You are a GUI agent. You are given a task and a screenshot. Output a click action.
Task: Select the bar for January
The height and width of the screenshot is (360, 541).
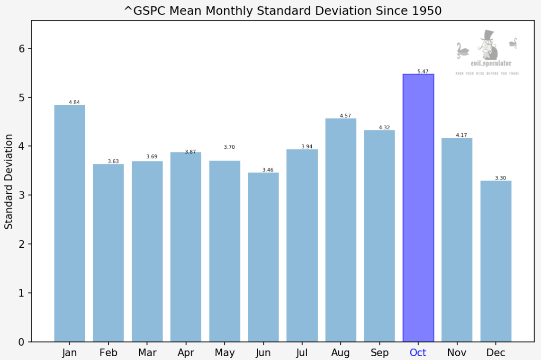click(x=70, y=223)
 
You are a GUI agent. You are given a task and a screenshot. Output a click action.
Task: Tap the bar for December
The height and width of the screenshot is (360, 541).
click(x=496, y=261)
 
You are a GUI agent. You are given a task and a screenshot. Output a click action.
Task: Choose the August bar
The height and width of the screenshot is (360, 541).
click(x=341, y=230)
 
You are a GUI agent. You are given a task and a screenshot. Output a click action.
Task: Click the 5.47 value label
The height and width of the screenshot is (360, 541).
click(x=423, y=72)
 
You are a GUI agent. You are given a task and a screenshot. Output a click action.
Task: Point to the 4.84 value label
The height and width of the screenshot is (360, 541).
click(x=74, y=102)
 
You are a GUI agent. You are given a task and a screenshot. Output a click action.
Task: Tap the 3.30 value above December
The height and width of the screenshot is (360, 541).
click(x=500, y=178)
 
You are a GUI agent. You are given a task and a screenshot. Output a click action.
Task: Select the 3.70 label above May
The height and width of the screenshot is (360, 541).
click(x=229, y=147)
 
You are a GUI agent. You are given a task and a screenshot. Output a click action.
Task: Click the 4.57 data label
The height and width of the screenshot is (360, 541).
click(x=345, y=116)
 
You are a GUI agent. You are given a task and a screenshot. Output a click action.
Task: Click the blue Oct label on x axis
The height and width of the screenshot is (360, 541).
click(x=418, y=352)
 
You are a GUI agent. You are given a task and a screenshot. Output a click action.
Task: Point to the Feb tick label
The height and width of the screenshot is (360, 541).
click(x=108, y=352)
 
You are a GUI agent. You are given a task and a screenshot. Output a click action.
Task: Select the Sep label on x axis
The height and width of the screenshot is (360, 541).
click(x=379, y=352)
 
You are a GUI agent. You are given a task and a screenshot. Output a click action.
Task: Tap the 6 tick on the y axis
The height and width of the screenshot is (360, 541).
click(x=21, y=49)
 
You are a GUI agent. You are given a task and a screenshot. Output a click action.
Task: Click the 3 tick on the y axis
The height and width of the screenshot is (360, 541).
click(x=21, y=195)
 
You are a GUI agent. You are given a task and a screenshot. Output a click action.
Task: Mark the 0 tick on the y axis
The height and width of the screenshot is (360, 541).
click(x=21, y=342)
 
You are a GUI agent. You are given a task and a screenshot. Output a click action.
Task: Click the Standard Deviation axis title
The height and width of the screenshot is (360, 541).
click(x=9, y=181)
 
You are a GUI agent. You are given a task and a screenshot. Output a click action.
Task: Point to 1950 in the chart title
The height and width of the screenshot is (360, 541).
click(x=428, y=11)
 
